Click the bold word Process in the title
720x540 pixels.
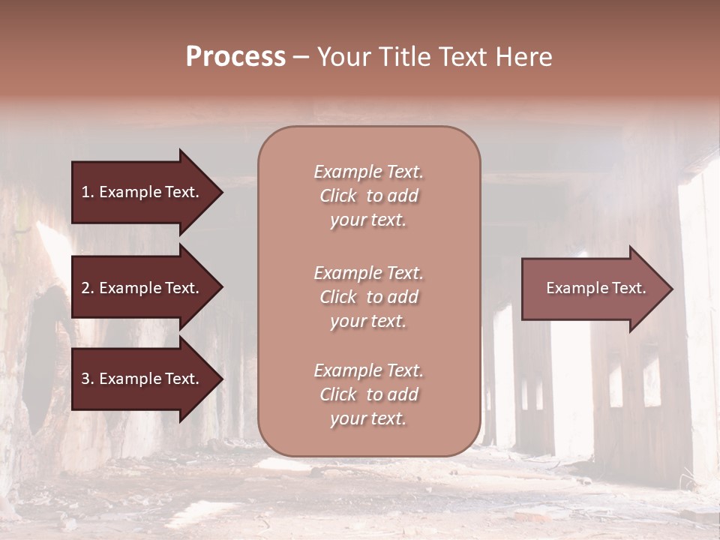coord(235,57)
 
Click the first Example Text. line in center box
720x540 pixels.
coord(368,172)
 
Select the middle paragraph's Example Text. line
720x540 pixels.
coord(368,273)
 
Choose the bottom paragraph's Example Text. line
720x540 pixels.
coord(368,370)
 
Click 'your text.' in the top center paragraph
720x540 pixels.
coord(368,220)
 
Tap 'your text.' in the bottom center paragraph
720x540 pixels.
coord(368,419)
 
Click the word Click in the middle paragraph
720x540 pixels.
coord(337,298)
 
